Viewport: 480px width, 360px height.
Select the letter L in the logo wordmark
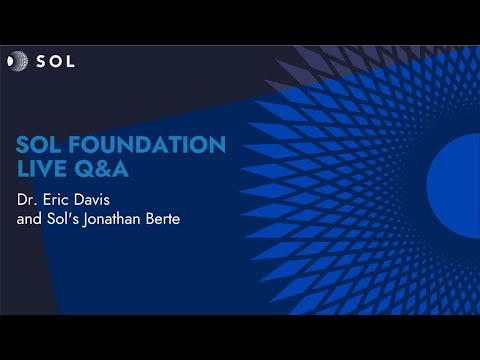click(69, 61)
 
